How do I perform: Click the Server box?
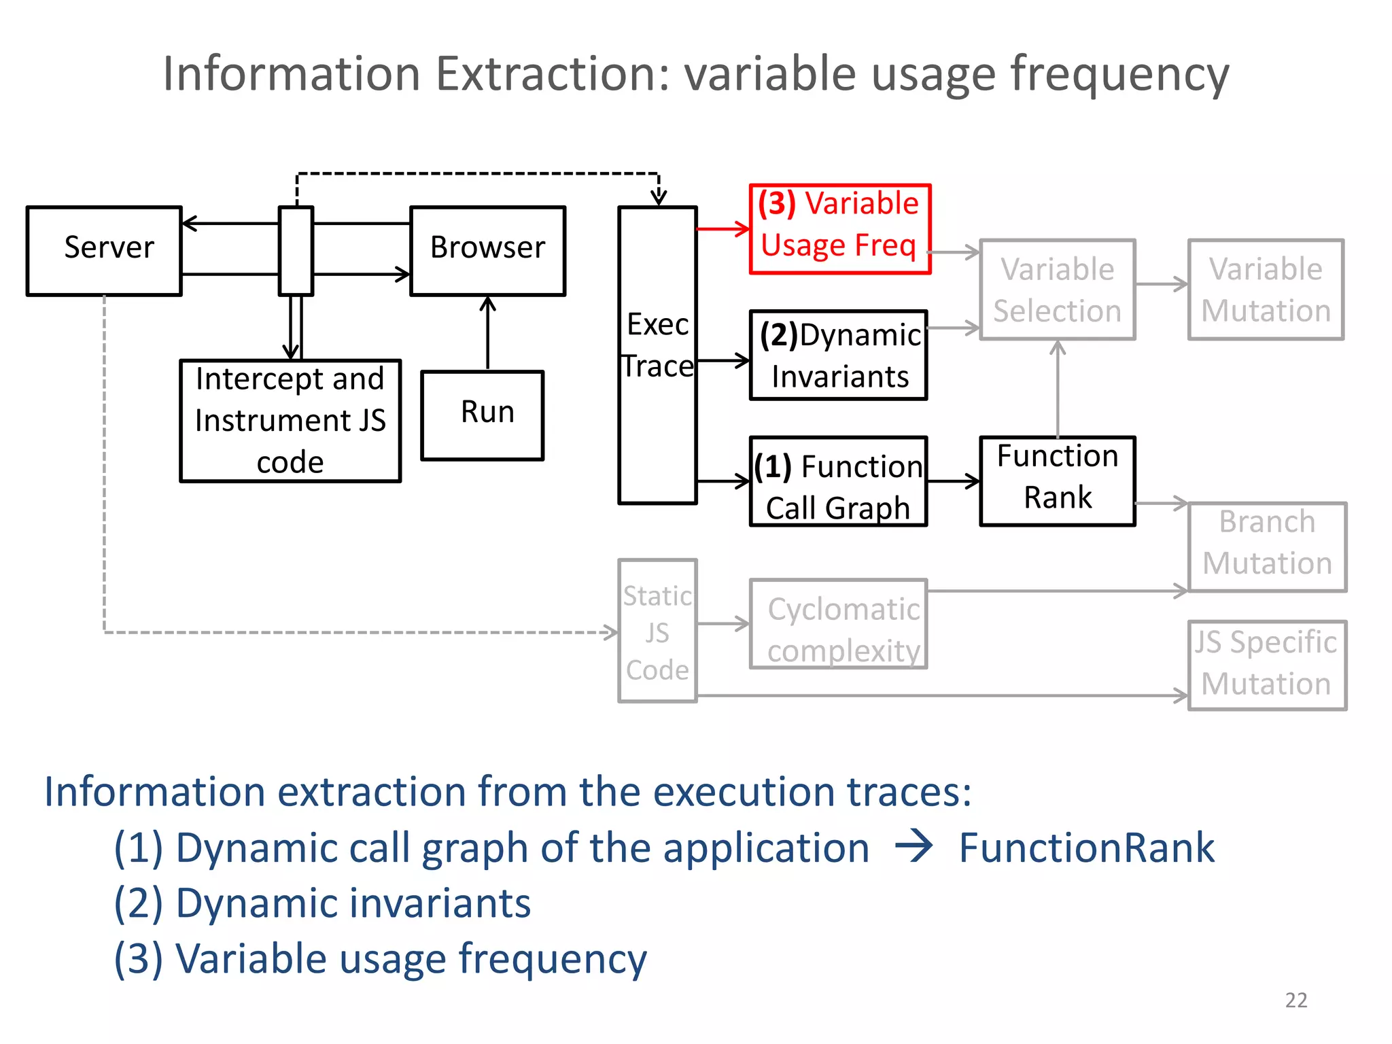coord(104,251)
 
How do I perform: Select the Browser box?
coord(487,251)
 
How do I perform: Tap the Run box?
coord(482,415)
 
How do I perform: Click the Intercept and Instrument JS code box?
coord(290,421)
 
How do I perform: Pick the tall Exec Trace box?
coord(657,355)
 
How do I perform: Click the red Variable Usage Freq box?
coord(839,228)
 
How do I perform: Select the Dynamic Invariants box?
coord(838,355)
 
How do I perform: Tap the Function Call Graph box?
coord(838,481)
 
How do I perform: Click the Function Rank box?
coord(1057,481)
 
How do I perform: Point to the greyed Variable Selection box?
coord(1057,290)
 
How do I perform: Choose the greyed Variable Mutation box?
coord(1266,290)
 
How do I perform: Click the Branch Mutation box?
coord(1267,546)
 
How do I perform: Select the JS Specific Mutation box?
coord(1267,665)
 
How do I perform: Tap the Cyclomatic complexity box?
coord(838,623)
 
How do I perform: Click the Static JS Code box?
coord(657,631)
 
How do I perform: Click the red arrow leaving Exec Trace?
coord(723,229)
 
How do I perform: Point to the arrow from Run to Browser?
coord(487,333)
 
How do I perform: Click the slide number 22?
coord(1295,1000)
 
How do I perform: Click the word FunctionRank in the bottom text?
coord(1086,848)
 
